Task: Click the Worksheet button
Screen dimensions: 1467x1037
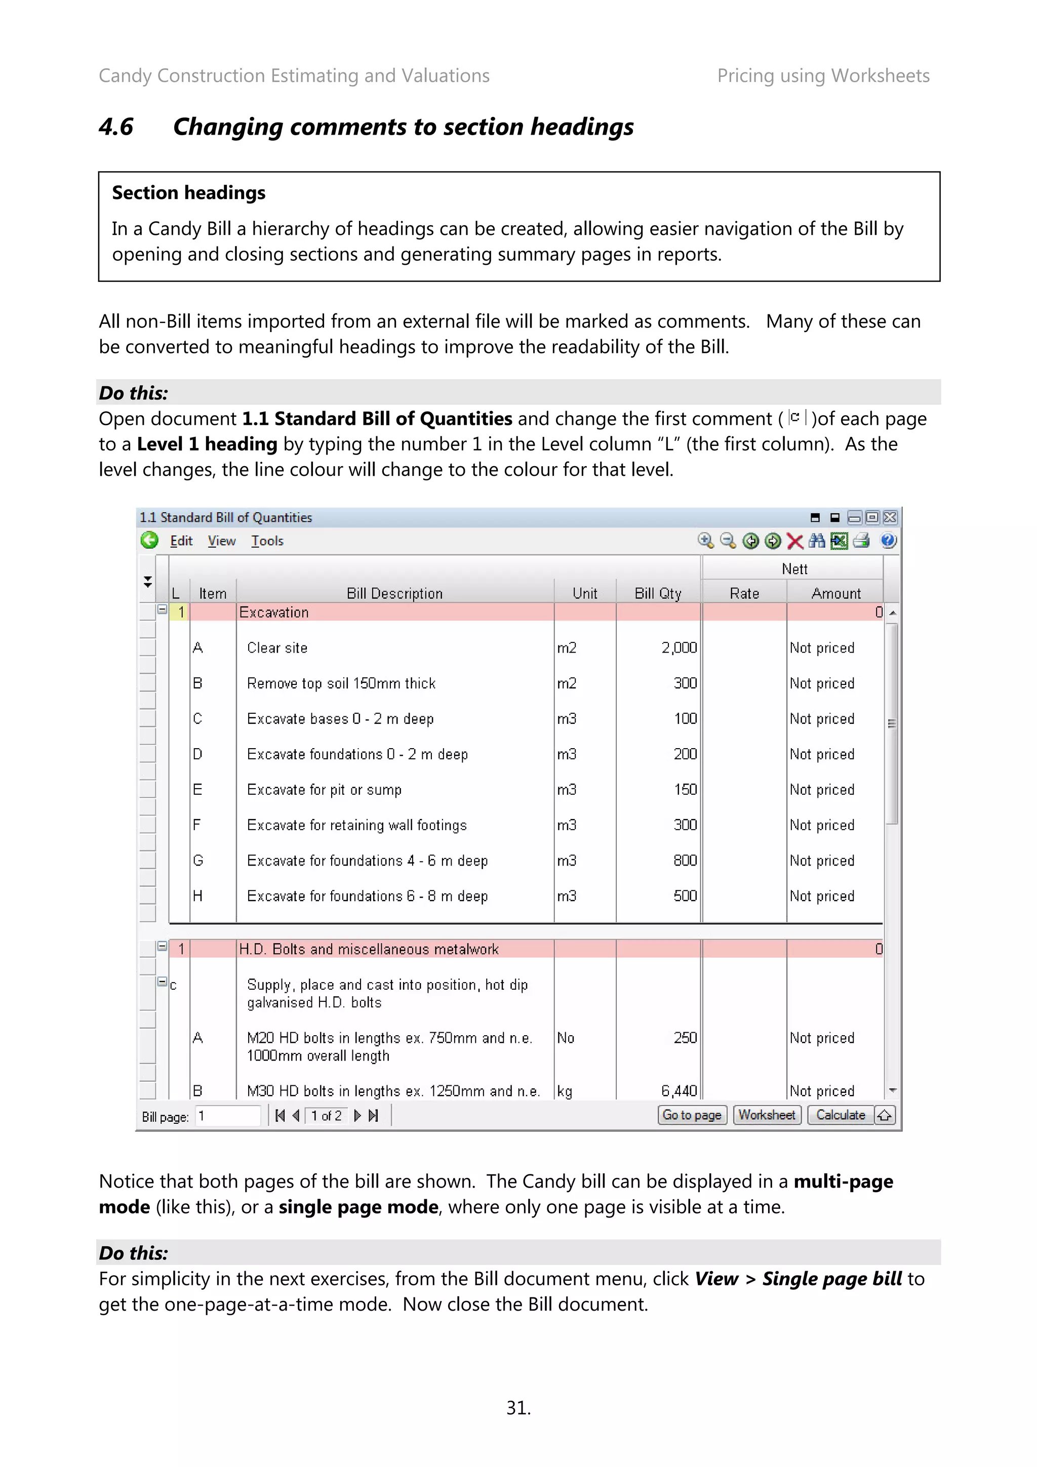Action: (x=766, y=1115)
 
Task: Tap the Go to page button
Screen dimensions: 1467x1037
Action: (x=692, y=1115)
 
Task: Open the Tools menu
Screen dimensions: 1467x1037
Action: (x=267, y=541)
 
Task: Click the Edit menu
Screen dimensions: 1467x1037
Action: (x=181, y=541)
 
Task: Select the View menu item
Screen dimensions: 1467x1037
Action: (x=222, y=541)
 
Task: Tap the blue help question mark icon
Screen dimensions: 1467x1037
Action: (x=888, y=541)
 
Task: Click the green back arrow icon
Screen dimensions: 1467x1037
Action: (x=149, y=541)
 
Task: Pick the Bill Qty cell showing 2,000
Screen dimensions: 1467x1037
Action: (x=679, y=648)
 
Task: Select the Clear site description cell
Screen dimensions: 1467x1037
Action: (x=277, y=648)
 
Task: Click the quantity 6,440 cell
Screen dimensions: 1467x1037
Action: (x=679, y=1091)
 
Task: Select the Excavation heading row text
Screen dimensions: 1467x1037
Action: (x=274, y=612)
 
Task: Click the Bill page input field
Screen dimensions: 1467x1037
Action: (x=227, y=1116)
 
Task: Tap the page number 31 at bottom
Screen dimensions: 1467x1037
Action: (x=518, y=1408)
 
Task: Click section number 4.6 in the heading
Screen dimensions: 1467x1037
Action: (x=116, y=127)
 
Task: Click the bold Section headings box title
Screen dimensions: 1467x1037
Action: (x=188, y=193)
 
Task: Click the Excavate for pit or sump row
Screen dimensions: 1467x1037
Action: (x=325, y=790)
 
